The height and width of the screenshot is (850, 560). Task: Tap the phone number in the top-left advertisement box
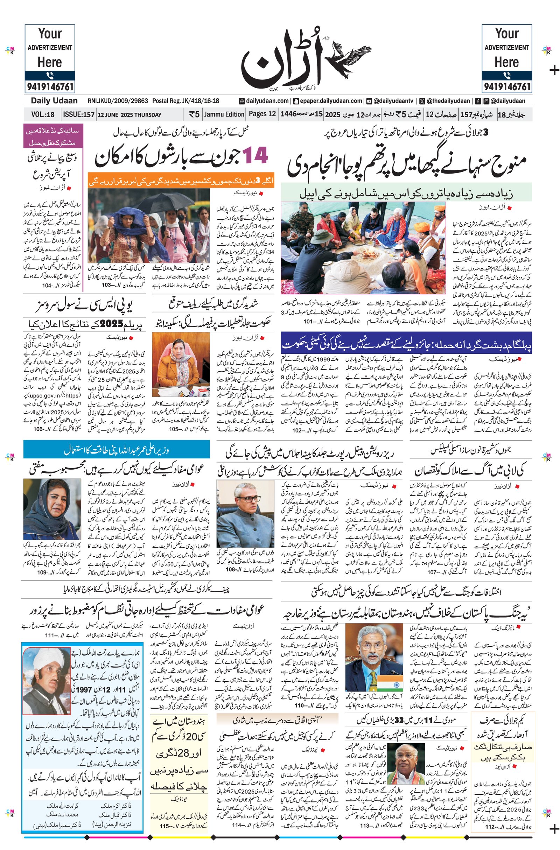[50, 87]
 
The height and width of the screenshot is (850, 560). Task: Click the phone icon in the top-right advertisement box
[506, 75]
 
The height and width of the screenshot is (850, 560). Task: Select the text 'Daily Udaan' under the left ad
[54, 101]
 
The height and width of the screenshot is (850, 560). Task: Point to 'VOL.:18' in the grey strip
[43, 115]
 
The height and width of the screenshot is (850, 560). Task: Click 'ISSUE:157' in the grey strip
[78, 115]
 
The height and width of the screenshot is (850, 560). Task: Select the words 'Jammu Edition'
[224, 114]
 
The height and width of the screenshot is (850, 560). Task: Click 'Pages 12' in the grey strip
[262, 114]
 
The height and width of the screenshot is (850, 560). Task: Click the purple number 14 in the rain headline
[255, 156]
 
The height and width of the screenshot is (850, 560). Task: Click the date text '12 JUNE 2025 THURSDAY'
[129, 115]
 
